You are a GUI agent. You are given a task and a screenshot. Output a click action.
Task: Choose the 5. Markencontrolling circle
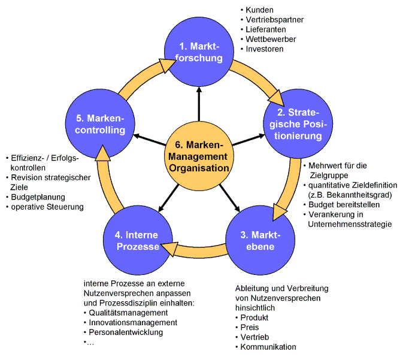click(99, 124)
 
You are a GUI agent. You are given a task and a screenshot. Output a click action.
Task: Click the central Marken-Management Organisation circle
click(199, 157)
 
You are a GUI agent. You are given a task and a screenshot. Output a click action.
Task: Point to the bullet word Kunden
click(259, 10)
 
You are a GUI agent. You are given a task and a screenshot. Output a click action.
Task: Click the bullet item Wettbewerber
click(271, 39)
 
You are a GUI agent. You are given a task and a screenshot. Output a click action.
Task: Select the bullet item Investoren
click(265, 49)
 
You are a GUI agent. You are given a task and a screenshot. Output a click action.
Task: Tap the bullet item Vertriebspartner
click(275, 20)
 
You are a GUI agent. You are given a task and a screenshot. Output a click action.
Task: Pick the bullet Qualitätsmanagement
click(128, 313)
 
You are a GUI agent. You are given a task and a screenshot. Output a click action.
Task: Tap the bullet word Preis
click(249, 328)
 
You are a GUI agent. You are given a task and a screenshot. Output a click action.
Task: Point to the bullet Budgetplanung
click(38, 197)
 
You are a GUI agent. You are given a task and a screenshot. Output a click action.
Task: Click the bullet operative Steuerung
click(47, 207)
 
